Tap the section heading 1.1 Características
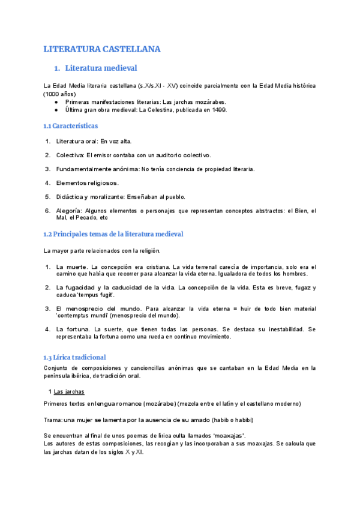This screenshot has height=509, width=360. point(71,126)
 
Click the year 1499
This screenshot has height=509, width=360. point(218,110)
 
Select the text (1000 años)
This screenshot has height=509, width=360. point(59,94)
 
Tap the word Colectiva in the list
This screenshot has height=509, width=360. point(70,155)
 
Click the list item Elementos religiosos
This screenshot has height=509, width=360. point(88,182)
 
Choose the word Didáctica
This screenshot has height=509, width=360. point(70,196)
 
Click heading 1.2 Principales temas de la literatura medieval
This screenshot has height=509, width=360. point(113,233)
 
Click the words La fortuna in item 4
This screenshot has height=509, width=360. point(71,330)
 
